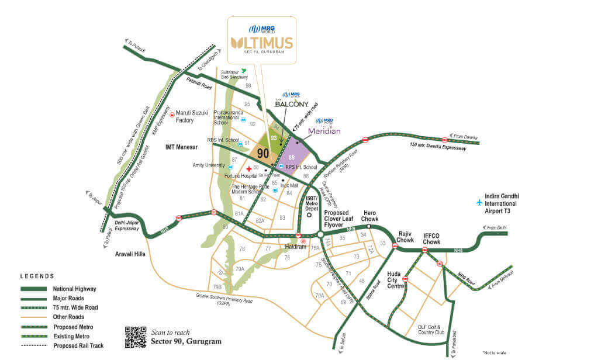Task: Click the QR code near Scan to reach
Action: pos(136,337)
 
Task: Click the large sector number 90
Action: pos(264,153)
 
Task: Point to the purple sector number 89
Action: pos(291,158)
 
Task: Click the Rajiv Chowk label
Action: pos(406,236)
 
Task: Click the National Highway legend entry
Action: pos(74,289)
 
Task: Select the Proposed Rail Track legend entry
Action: pos(80,345)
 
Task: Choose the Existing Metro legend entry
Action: pos(73,336)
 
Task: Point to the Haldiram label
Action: pos(296,247)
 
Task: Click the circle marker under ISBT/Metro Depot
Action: pos(310,214)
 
